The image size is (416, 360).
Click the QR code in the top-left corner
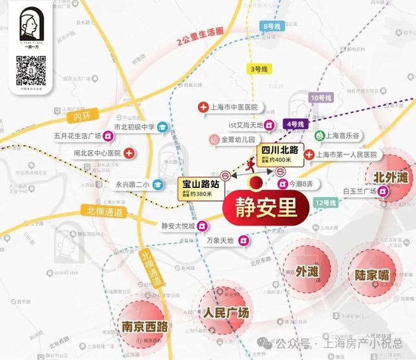32,71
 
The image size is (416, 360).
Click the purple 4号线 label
294,124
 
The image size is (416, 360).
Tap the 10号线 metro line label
321,98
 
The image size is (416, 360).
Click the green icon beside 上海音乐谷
320,135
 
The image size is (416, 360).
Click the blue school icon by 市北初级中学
163,126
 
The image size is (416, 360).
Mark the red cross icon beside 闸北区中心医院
129,153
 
